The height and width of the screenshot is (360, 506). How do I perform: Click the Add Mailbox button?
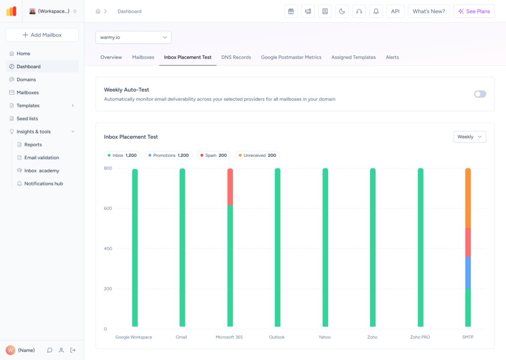point(42,35)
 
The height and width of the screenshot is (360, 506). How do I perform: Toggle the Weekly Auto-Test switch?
point(480,94)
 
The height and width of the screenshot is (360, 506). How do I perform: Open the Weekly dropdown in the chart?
point(469,137)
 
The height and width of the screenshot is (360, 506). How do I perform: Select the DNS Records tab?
point(236,57)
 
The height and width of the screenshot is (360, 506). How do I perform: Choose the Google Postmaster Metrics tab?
point(291,57)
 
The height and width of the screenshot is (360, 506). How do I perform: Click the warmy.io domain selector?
point(133,37)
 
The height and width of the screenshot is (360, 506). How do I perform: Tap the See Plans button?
point(474,11)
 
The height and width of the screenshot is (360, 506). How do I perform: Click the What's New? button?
point(428,11)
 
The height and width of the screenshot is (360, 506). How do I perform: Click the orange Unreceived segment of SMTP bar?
point(467,198)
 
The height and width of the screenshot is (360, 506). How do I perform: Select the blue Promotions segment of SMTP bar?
point(467,272)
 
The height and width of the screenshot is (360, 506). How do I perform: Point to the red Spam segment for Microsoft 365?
point(230,187)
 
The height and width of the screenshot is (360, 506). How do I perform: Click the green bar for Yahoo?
point(325,247)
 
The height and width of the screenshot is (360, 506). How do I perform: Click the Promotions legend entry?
point(168,155)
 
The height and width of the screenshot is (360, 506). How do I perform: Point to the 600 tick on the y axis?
point(108,209)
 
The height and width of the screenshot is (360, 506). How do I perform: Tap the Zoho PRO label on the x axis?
point(420,337)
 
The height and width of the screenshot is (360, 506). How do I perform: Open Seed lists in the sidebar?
point(27,119)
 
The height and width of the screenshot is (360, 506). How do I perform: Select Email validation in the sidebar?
point(42,158)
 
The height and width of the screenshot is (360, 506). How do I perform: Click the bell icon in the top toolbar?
point(376,11)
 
